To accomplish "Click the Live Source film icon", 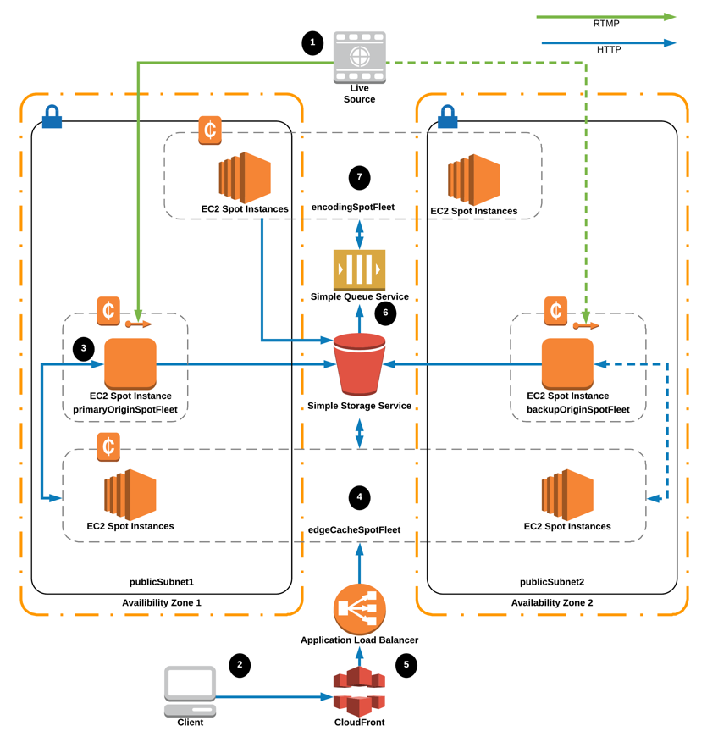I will click(x=360, y=58).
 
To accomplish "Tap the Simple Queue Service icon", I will click(x=360, y=270).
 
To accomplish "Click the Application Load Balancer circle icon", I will click(x=360, y=608).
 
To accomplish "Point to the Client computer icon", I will click(x=190, y=690).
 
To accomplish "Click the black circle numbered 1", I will click(x=313, y=42).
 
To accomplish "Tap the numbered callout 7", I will click(x=360, y=177).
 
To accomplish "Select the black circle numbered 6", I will click(x=385, y=313).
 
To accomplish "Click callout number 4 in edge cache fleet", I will click(x=360, y=496).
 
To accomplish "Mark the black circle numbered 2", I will click(x=240, y=665).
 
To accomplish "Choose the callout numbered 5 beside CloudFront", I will click(x=406, y=665).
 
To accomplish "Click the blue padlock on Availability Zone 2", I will click(x=447, y=118).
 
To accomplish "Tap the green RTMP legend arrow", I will click(x=606, y=16).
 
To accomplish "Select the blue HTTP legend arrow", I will click(x=606, y=42).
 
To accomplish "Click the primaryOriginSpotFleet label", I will click(x=129, y=409).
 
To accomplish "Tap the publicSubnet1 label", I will click(x=162, y=582).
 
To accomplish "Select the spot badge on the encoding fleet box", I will click(x=210, y=130).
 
